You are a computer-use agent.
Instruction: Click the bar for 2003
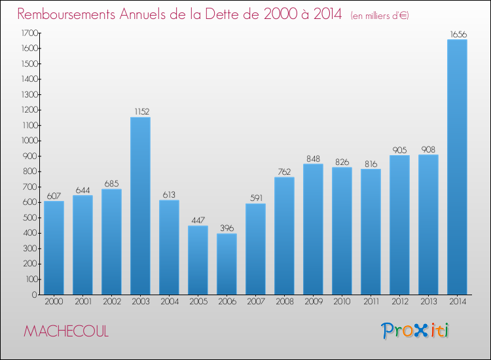[140, 206]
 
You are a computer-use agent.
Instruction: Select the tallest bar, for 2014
[457, 167]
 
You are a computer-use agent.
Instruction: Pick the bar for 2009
[313, 229]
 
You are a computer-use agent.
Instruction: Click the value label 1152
[140, 111]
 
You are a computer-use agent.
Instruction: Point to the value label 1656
[457, 33]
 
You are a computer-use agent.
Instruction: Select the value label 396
[227, 228]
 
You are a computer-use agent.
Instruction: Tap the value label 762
[284, 171]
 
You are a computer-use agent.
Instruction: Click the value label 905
[399, 149]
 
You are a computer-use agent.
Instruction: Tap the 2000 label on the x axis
[54, 302]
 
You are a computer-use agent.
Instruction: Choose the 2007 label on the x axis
[255, 302]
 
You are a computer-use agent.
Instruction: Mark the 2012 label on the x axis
[399, 302]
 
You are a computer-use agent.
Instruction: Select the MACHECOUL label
[66, 331]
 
